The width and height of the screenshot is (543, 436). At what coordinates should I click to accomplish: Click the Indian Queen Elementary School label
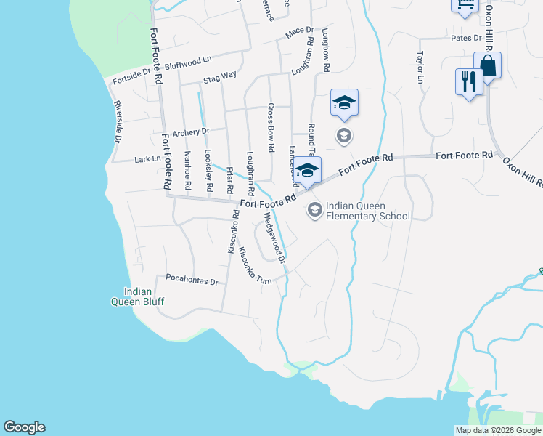tap(368, 211)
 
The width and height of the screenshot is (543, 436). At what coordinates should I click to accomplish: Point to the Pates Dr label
tap(466, 38)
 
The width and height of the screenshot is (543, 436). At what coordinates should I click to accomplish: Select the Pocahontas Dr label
tap(192, 280)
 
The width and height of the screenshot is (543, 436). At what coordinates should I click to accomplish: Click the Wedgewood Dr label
tap(274, 233)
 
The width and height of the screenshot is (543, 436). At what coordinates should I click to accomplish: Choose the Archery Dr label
tap(190, 132)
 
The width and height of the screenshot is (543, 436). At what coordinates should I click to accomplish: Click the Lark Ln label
tap(147, 158)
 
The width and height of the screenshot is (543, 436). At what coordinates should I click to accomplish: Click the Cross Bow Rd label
tap(270, 126)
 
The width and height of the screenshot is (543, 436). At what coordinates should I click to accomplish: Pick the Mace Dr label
tap(298, 32)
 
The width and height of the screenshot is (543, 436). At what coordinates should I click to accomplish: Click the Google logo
tap(24, 427)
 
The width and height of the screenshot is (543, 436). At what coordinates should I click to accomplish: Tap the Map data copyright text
tap(498, 430)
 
